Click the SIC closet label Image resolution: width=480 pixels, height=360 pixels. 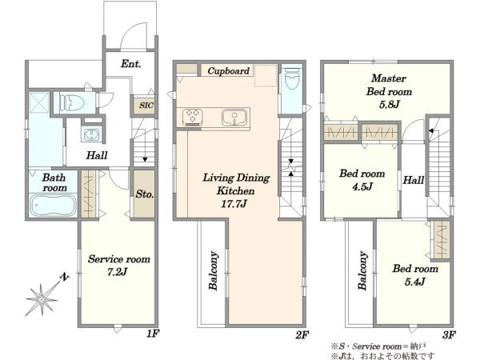(x=146, y=106)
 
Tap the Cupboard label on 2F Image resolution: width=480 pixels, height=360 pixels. (x=228, y=71)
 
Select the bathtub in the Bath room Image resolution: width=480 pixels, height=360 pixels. (x=54, y=205)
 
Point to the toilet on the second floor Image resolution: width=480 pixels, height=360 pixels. (x=291, y=78)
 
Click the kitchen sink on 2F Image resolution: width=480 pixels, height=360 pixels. (x=234, y=118)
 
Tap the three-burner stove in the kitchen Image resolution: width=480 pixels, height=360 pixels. (x=193, y=117)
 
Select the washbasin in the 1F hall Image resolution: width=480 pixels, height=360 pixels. (x=91, y=134)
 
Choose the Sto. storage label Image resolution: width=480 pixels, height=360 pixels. (x=145, y=194)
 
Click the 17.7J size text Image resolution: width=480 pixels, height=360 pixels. (x=234, y=204)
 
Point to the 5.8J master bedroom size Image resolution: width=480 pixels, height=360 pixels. (x=389, y=105)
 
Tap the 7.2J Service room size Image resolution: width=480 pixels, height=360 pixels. (x=117, y=272)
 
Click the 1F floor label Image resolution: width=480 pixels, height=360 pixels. (x=152, y=334)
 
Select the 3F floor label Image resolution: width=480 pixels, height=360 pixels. (x=449, y=335)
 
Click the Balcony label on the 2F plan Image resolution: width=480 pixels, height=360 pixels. (x=214, y=270)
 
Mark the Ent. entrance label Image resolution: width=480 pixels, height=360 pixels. (x=130, y=64)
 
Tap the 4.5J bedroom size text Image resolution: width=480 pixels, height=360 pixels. (x=362, y=186)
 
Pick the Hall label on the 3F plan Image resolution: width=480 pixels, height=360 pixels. (x=414, y=180)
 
